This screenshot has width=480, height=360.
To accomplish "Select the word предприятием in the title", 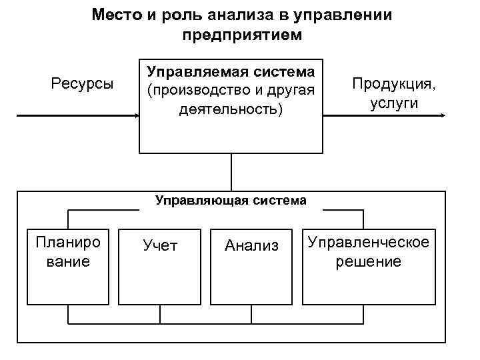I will (241, 34).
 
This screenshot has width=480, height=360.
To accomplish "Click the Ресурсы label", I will (83, 84).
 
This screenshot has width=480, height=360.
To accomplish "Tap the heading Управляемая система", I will (231, 71).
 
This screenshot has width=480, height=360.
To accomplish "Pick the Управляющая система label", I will (231, 199).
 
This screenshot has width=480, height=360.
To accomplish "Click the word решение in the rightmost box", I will (367, 261).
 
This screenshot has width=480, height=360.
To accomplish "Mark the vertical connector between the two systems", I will (231, 172).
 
